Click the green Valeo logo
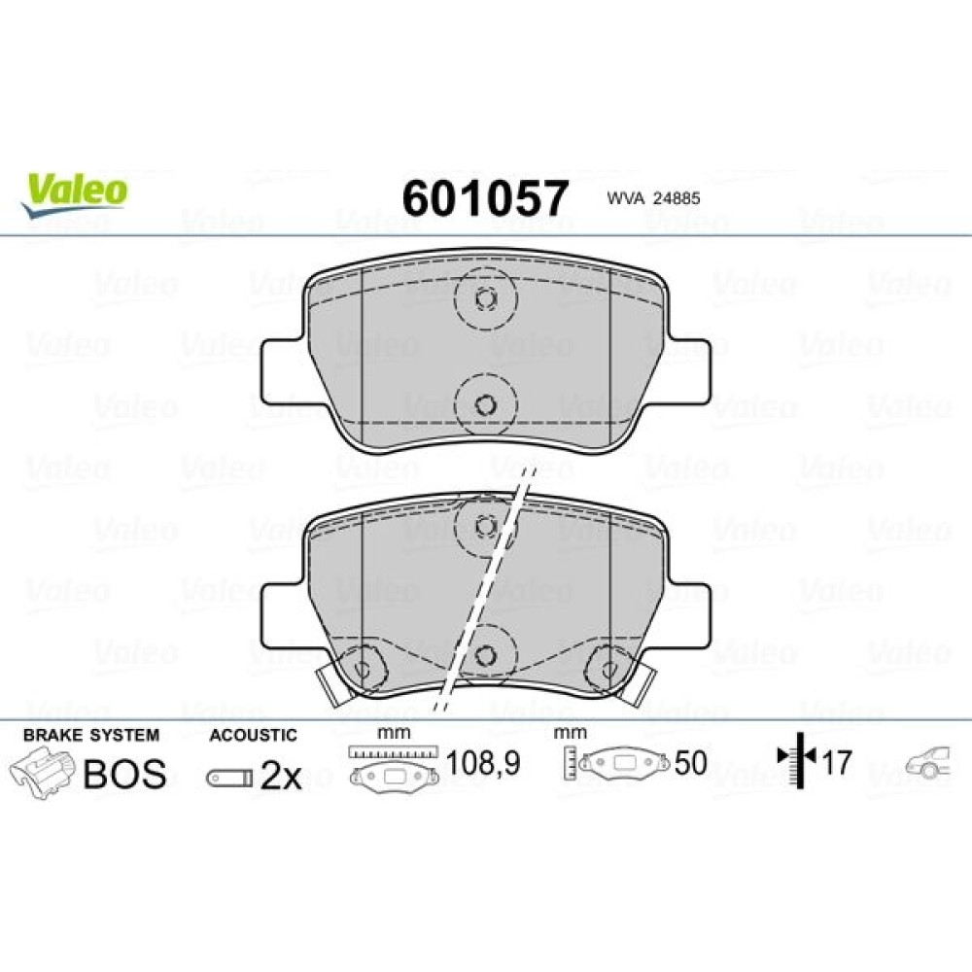pos(75,194)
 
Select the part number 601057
pos(485,197)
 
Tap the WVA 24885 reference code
pos(653,198)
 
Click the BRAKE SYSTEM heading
pos(91,735)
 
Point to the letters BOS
pos(124,774)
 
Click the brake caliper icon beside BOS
pos(41,773)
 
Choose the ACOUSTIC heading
pos(253,735)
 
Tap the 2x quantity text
pos(280,776)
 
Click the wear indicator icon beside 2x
pos(230,779)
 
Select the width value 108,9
pos(483,763)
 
